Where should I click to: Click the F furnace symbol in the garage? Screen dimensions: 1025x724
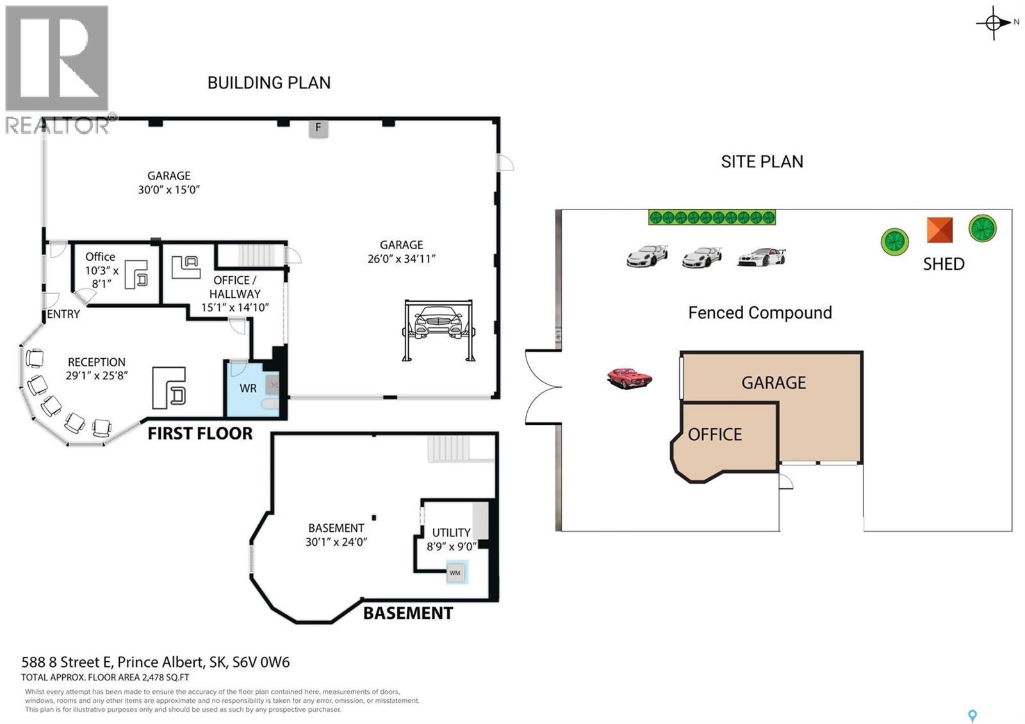(318, 128)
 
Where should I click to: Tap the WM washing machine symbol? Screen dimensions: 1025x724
(455, 573)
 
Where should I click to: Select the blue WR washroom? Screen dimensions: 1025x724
(252, 389)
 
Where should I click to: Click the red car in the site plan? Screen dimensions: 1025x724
(630, 378)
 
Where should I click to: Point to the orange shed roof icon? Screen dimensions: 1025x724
(939, 230)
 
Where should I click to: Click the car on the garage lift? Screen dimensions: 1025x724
(438, 322)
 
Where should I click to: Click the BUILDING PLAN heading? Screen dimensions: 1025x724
(269, 83)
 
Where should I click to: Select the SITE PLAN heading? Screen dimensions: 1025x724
(762, 161)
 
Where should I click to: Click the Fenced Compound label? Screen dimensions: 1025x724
(760, 313)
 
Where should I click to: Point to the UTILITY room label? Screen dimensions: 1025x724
(451, 532)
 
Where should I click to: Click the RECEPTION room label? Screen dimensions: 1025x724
(97, 363)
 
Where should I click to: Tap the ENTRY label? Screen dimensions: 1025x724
(63, 314)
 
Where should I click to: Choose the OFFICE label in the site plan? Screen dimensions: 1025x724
(715, 434)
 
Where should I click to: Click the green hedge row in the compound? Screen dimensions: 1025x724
(712, 217)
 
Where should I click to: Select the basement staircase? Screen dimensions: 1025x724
(449, 448)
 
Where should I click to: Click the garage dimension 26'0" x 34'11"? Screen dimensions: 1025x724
(401, 259)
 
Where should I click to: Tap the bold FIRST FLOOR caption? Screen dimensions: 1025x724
(200, 433)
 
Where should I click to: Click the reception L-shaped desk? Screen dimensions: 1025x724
(169, 388)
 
